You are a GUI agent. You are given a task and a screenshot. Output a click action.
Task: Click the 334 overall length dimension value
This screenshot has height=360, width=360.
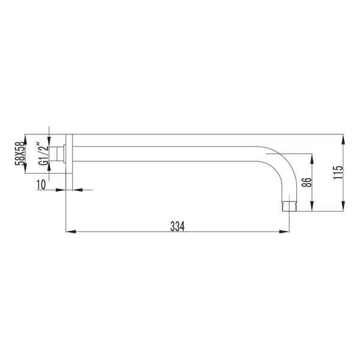(176, 226)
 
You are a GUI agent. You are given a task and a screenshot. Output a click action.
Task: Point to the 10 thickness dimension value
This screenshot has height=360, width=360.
(41, 185)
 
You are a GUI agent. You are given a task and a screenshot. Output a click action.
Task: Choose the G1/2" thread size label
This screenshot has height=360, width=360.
(43, 154)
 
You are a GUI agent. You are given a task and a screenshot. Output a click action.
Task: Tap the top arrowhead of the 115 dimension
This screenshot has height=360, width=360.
(344, 139)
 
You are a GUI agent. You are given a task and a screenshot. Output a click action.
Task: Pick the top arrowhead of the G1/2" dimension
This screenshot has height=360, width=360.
(49, 143)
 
